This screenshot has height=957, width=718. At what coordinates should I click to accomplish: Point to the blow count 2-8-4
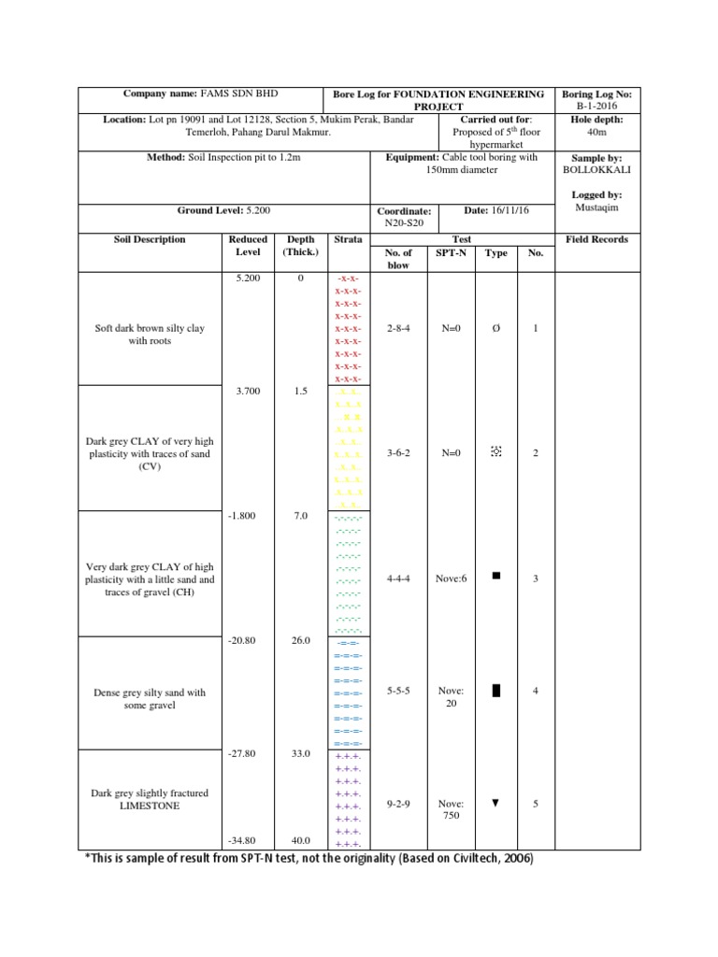pyautogui.click(x=400, y=329)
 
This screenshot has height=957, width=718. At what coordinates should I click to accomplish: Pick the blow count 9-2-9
pyautogui.click(x=400, y=804)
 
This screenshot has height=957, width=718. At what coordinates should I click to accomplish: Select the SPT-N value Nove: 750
pyautogui.click(x=451, y=809)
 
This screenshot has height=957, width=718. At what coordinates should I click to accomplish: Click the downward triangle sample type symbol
pyautogui.click(x=495, y=803)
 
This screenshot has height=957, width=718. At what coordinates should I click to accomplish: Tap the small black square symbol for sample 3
pyautogui.click(x=495, y=577)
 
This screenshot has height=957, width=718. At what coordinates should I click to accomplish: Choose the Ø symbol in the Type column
pyautogui.click(x=495, y=329)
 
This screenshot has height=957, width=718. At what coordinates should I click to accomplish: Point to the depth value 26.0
pyautogui.click(x=300, y=641)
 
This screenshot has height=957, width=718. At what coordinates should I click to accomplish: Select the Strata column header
pyautogui.click(x=348, y=240)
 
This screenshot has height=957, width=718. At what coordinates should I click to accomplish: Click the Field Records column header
pyautogui.click(x=597, y=240)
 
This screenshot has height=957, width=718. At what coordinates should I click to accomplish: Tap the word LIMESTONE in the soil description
pyautogui.click(x=150, y=806)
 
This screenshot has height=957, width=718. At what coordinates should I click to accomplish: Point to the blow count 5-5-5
pyautogui.click(x=400, y=691)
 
